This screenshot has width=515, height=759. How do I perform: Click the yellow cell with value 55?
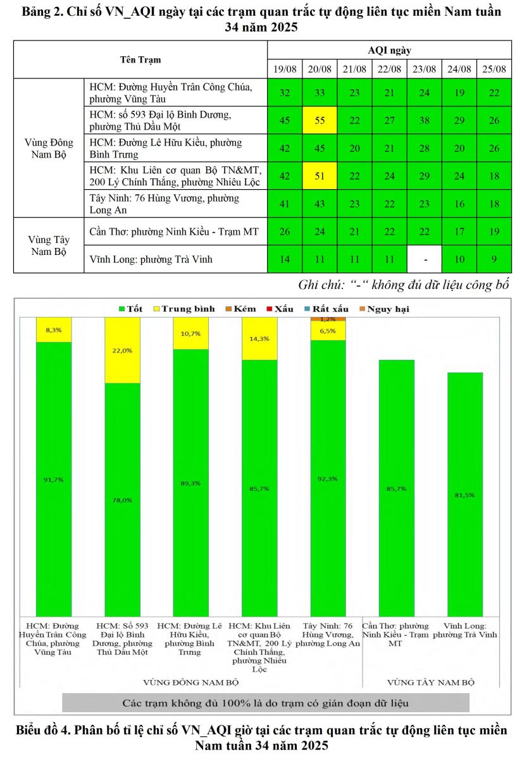pos(320,120)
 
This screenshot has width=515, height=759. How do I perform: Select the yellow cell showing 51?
pos(320,176)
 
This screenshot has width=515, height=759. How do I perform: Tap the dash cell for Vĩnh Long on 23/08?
pos(424,259)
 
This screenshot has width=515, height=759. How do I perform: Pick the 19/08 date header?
pos(285,69)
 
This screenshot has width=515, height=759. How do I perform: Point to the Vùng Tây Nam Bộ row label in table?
pos(49,245)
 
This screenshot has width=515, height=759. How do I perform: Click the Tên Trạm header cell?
pos(140,60)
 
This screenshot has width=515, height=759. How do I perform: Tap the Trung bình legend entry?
pos(183,309)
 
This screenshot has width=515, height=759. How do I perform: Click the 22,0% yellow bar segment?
pos(122,350)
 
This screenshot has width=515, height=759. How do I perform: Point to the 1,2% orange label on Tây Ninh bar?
pos(328,319)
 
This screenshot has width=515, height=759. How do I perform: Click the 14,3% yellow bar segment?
pos(260,339)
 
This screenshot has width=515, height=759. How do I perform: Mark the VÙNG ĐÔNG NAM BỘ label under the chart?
pos(191,682)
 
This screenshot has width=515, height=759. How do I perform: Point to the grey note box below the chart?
pos(266,703)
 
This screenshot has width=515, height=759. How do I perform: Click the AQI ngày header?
pos(389,51)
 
